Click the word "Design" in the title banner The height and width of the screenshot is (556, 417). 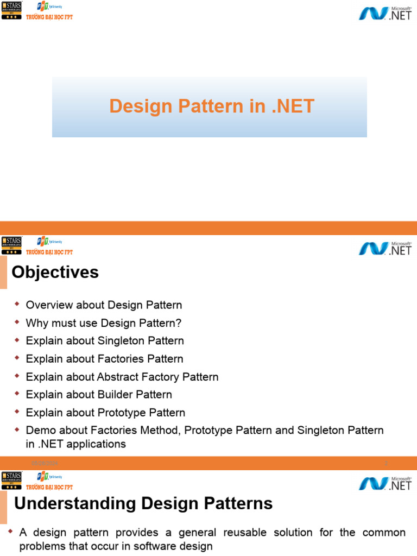(x=133, y=106)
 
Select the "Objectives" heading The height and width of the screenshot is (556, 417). (x=55, y=272)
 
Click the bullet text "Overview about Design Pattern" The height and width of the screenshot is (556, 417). (x=104, y=305)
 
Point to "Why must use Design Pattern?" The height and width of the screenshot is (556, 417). (x=103, y=323)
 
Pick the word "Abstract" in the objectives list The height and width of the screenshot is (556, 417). (x=117, y=377)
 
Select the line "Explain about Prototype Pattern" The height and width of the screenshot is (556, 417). (x=105, y=413)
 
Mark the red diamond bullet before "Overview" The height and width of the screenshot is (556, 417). (x=17, y=305)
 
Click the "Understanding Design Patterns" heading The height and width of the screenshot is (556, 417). (x=143, y=504)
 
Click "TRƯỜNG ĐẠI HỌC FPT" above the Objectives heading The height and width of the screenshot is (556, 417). (x=49, y=252)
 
